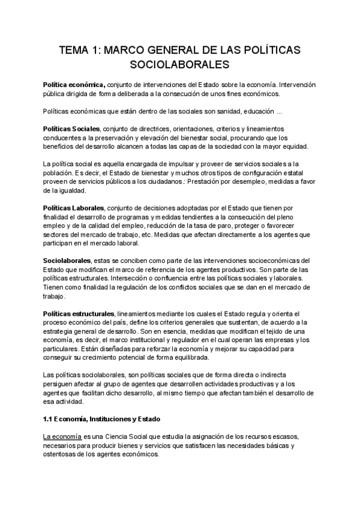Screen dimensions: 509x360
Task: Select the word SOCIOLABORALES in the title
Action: (180, 63)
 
